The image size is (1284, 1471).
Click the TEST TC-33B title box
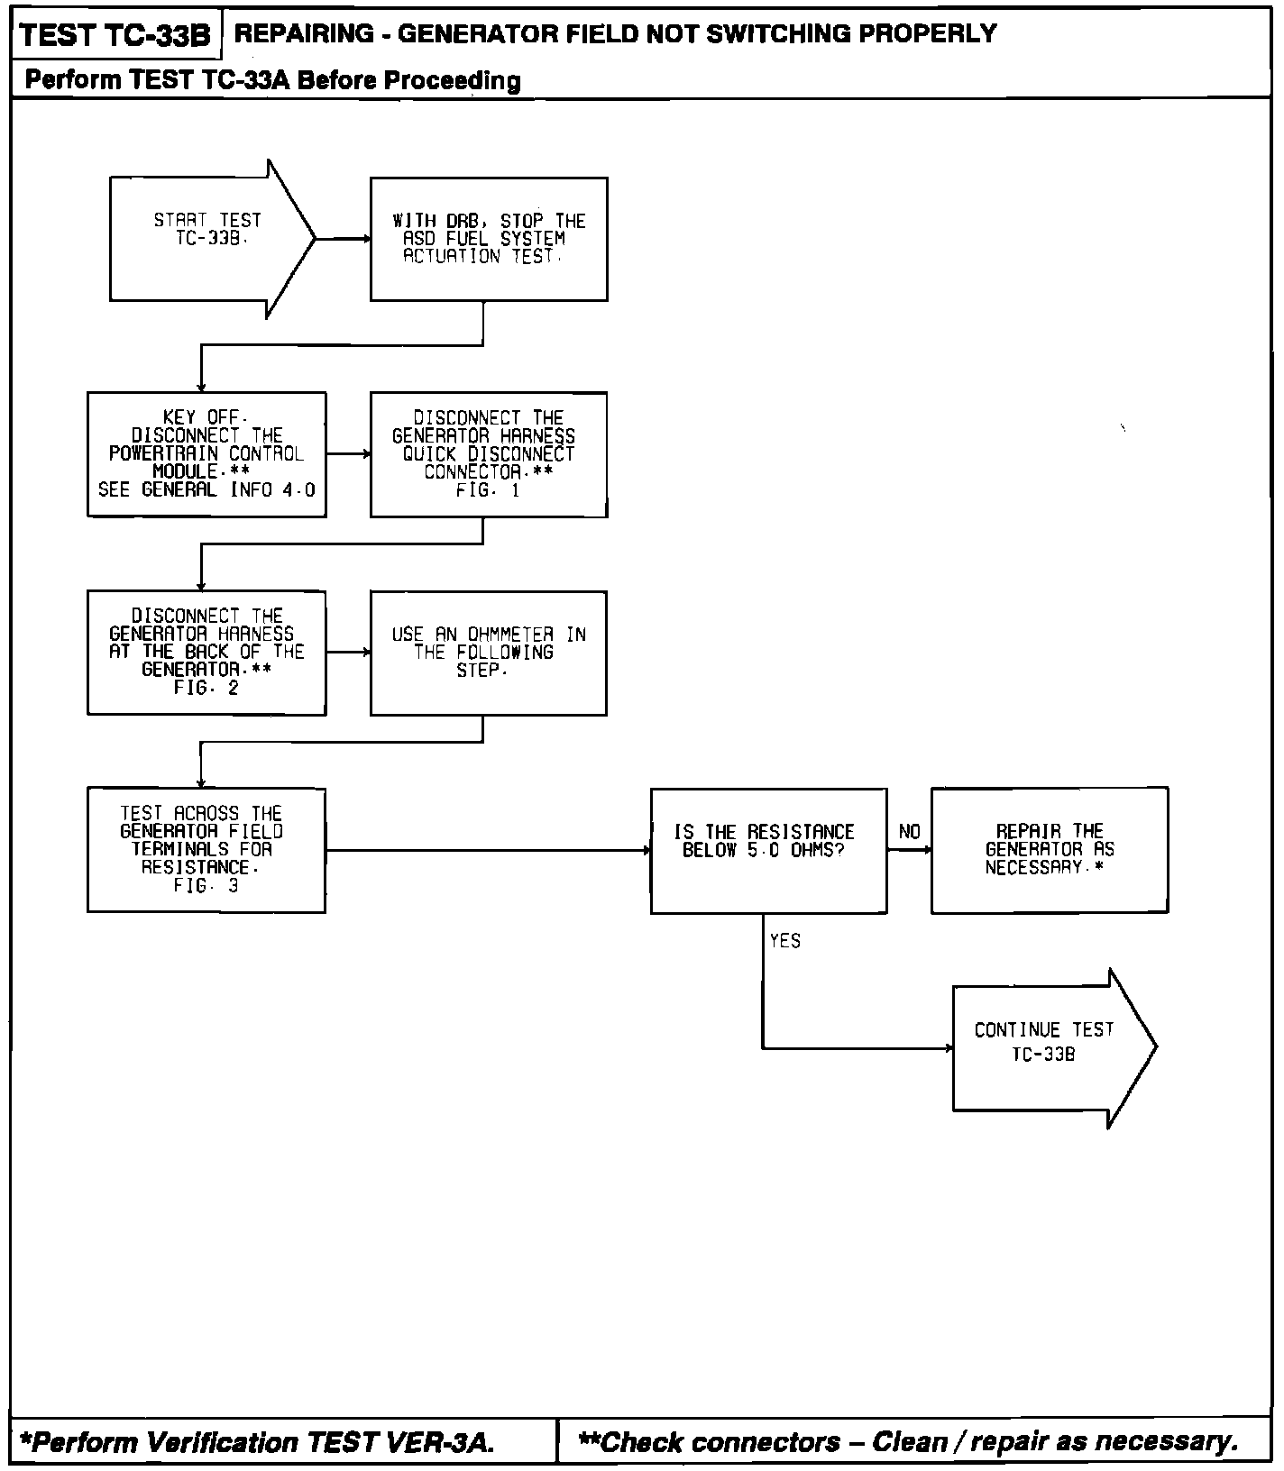coord(115,36)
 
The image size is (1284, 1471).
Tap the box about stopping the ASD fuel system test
coord(489,239)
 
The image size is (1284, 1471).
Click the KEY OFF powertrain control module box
coord(206,454)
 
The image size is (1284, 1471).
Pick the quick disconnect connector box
coord(489,454)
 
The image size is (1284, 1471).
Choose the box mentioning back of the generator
coord(206,653)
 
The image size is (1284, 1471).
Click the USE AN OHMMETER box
coord(489,653)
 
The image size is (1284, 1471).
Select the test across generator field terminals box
coord(206,850)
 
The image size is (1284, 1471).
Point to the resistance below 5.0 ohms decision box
coord(768,850)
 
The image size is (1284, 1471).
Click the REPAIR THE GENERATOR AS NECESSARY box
coord(1050,850)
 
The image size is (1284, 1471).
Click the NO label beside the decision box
coord(910,832)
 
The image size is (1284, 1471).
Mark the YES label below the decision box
coord(785,941)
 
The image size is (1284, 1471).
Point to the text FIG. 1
coord(488,490)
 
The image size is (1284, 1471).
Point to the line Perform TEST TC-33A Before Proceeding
coord(273,80)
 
